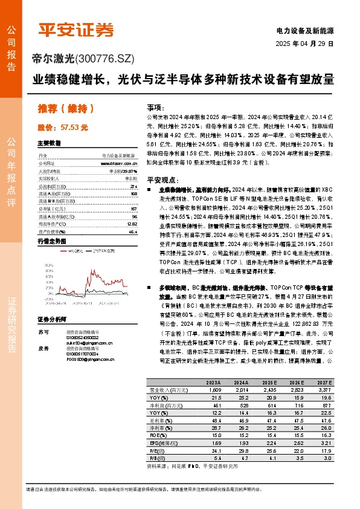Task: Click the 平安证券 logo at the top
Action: [76, 28]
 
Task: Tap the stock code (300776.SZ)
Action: [104, 59]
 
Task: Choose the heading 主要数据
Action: [50, 144]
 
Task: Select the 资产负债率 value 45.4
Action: [133, 232]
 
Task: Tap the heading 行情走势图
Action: [53, 241]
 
